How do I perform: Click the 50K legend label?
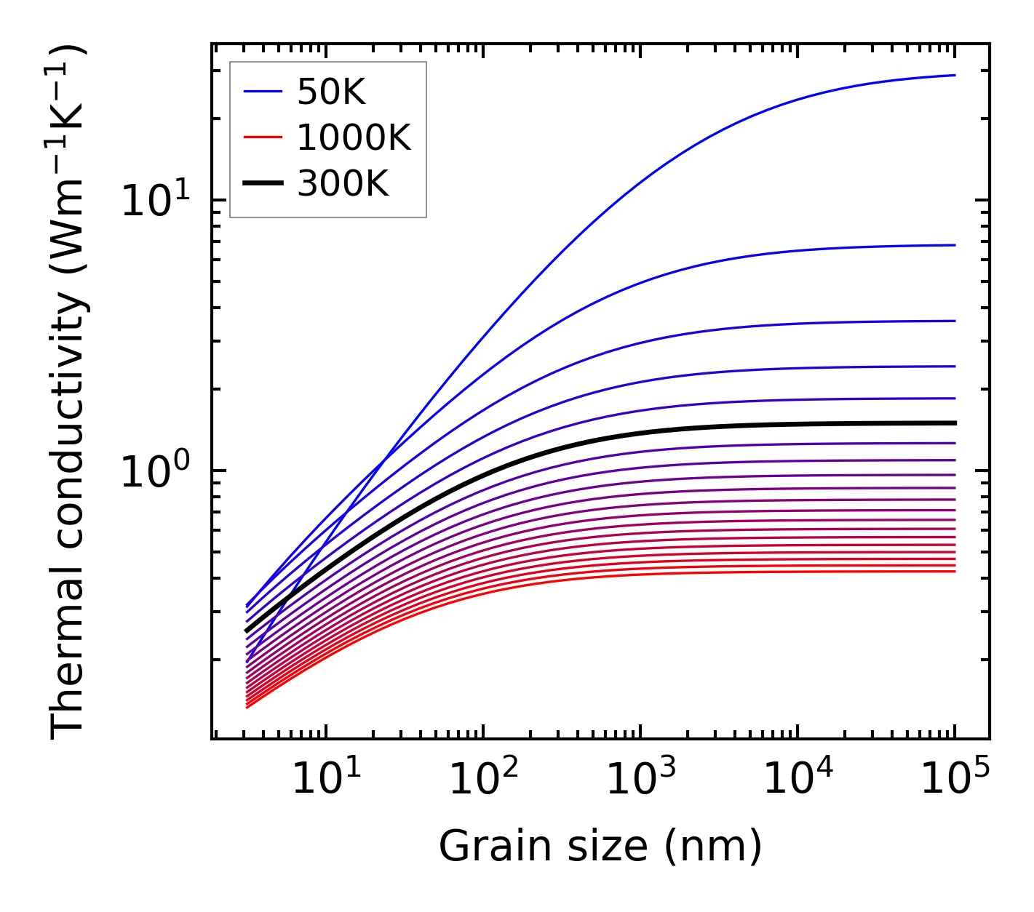tap(331, 92)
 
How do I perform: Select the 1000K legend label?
tap(354, 137)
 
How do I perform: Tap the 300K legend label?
tap(343, 183)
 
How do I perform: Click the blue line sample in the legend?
tap(263, 92)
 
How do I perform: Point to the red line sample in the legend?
tap(263, 137)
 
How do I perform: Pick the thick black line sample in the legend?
tap(263, 183)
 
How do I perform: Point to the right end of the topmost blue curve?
tap(954, 75)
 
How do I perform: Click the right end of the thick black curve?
tap(954, 423)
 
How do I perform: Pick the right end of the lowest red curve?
tap(954, 571)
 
